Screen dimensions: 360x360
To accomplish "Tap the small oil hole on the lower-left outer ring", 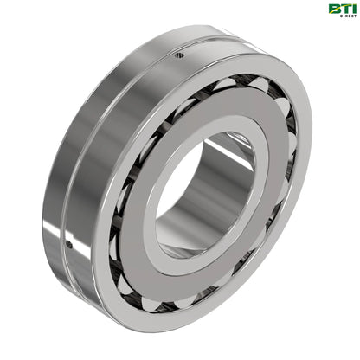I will pyautogui.click(x=69, y=245).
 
